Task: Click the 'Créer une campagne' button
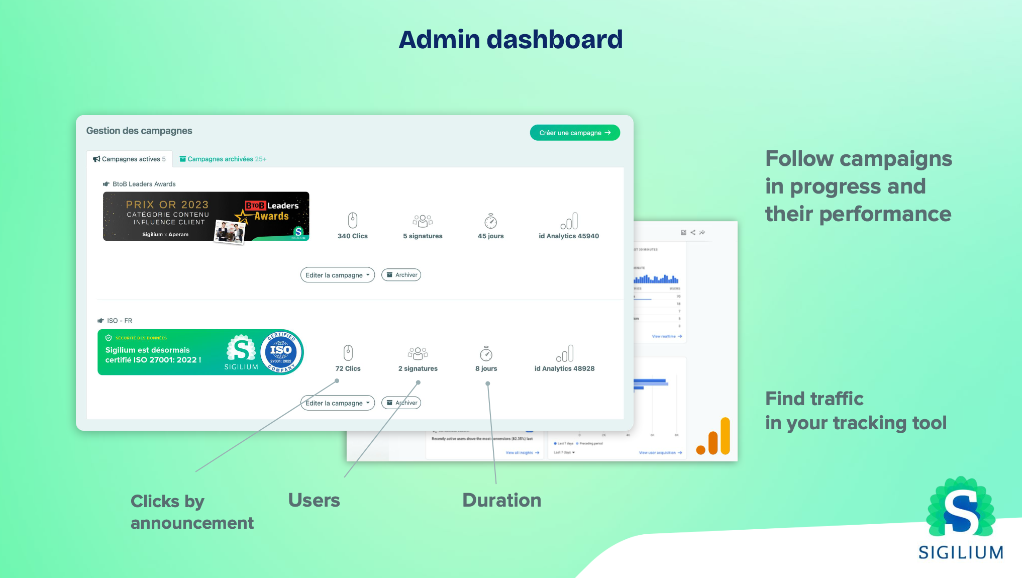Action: point(574,133)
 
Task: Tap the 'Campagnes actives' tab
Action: point(130,159)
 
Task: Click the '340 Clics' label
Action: point(352,236)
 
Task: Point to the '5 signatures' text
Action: point(423,236)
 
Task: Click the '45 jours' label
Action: point(490,236)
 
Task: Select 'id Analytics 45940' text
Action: point(569,236)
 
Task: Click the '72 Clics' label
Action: point(348,368)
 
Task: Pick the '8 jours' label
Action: point(486,368)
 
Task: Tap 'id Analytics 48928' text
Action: point(564,368)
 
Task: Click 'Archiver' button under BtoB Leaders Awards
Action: point(401,275)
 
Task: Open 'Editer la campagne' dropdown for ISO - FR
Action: point(338,403)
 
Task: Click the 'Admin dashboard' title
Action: point(510,40)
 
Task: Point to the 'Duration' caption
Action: point(501,500)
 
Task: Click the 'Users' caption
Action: point(314,500)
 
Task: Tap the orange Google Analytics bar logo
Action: point(714,437)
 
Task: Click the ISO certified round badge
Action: point(281,352)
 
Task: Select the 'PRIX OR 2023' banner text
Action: point(167,205)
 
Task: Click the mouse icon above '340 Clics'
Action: point(353,220)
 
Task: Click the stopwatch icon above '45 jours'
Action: point(490,221)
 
